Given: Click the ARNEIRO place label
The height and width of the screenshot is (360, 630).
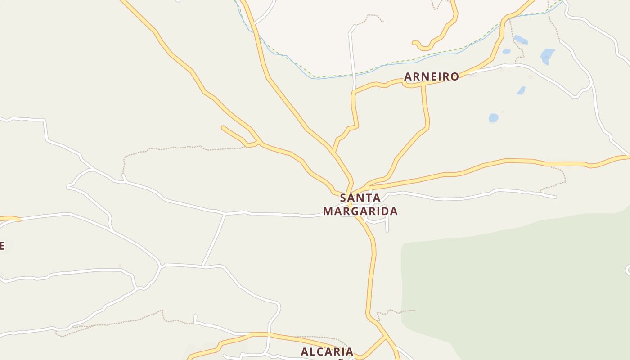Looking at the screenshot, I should click(431, 76).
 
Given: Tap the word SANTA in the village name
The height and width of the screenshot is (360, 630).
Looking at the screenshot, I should click(360, 198).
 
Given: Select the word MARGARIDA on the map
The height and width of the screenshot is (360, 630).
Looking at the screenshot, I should click(360, 211).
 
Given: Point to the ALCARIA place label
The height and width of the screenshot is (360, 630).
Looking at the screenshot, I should click(327, 351).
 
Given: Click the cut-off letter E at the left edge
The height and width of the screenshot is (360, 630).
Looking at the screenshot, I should click(2, 246).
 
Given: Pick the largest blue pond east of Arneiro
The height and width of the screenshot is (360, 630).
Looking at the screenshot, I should click(547, 55).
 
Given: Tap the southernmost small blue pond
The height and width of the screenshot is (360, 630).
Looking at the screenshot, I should click(493, 118).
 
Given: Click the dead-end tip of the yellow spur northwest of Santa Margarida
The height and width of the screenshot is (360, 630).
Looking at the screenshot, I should click(223, 127).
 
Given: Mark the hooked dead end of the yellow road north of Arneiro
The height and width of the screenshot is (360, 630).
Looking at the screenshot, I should click(414, 43).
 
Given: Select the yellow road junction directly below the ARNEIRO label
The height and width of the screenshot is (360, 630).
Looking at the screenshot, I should click(423, 84).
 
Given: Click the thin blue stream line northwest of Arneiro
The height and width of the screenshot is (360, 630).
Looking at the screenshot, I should click(288, 58).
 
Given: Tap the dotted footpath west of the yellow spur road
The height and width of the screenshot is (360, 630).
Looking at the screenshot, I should click(180, 147).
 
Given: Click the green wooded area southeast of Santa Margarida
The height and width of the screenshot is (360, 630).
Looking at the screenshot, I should click(517, 288).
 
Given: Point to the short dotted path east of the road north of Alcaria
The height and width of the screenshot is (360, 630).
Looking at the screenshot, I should click(396, 311).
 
